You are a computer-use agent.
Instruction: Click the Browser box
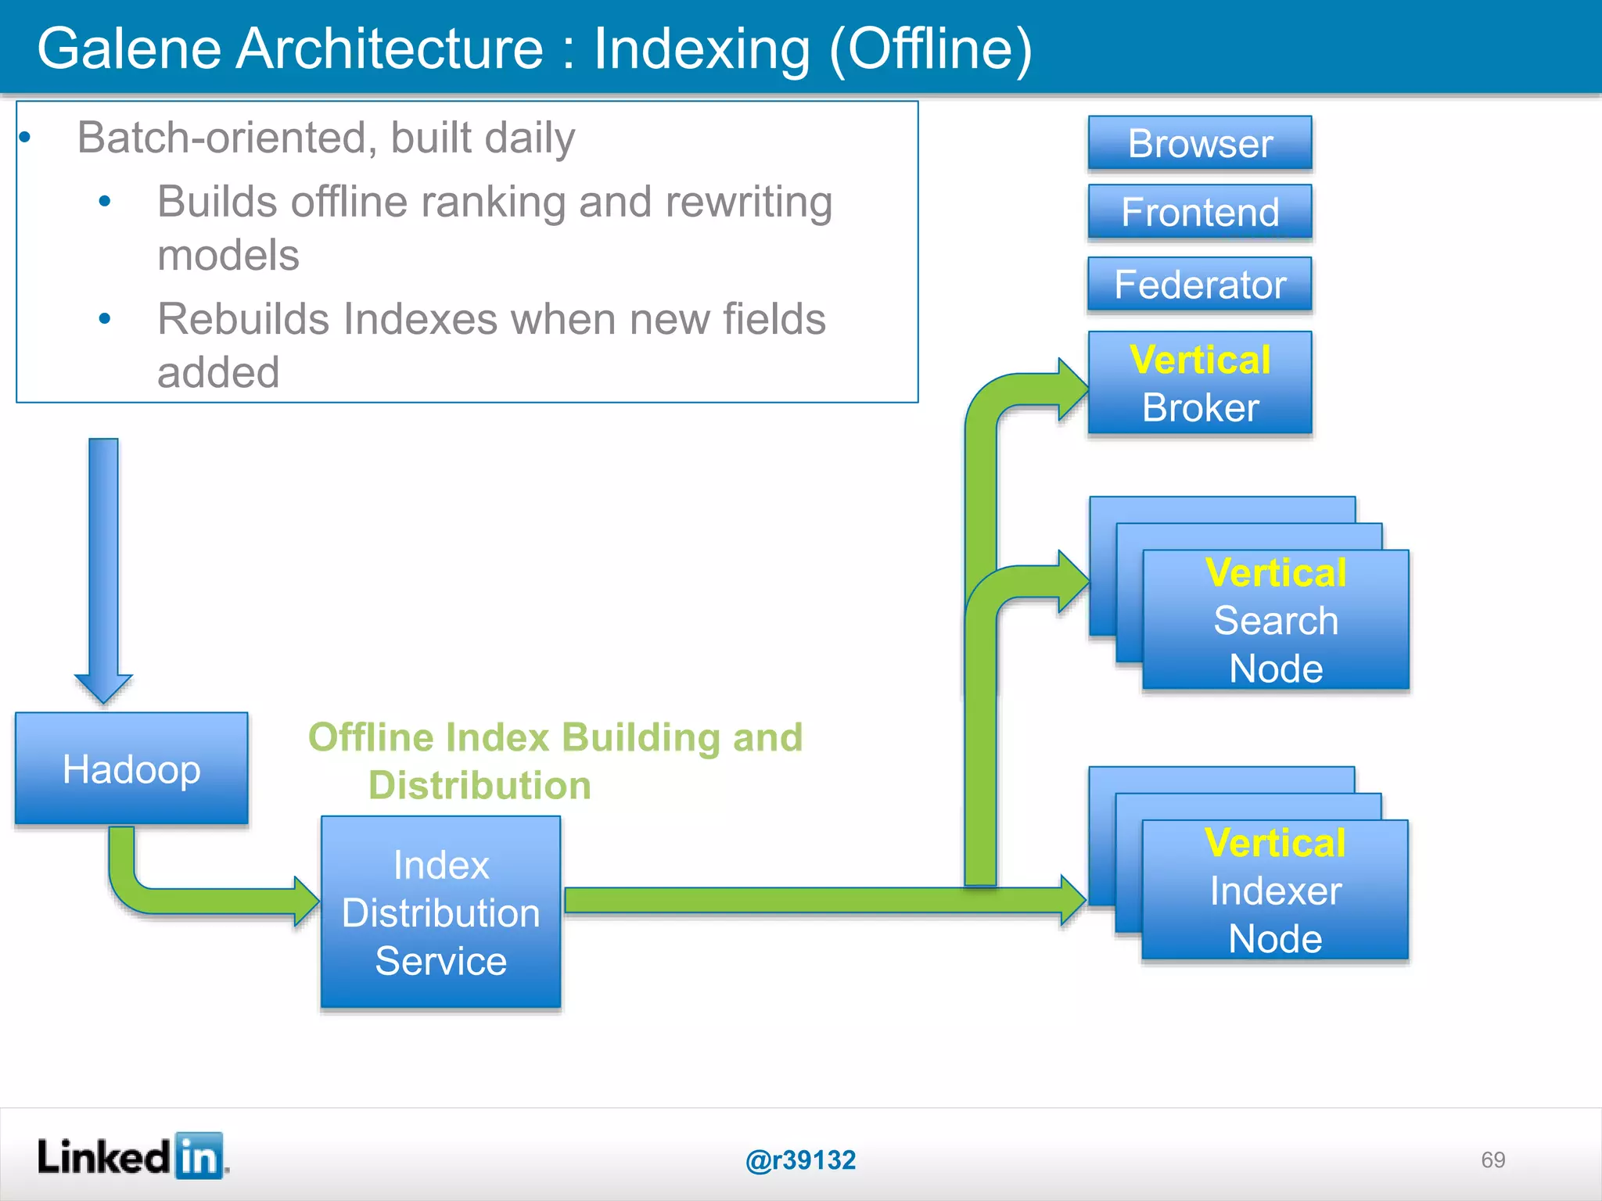(1199, 143)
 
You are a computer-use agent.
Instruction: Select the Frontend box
(1199, 212)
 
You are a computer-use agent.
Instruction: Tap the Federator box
(1199, 285)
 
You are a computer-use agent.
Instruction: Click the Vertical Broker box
(1199, 383)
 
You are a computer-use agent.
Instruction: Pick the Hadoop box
(131, 769)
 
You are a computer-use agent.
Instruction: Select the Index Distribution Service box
(440, 912)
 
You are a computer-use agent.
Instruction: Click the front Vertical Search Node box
(1275, 620)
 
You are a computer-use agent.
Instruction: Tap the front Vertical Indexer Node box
(1275, 891)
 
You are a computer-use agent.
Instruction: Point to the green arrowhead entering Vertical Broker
(1072, 389)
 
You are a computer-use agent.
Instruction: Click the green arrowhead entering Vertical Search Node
(1072, 582)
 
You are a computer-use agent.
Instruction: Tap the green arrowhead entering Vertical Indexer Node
(1072, 901)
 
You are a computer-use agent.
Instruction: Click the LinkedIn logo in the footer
(131, 1156)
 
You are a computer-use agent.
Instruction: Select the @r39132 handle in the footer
(800, 1160)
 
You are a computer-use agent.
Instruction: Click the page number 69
(1492, 1160)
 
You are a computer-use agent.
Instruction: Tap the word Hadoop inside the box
(131, 769)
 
